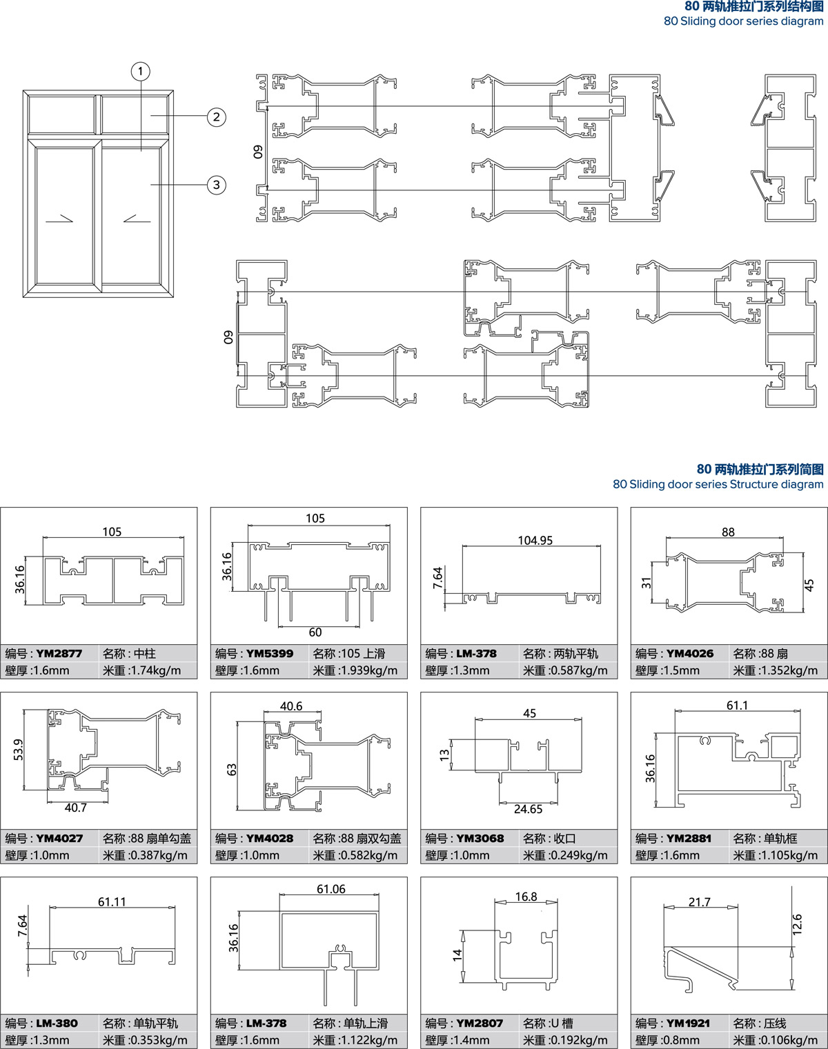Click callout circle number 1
click(141, 72)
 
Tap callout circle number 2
click(217, 117)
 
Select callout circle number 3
click(217, 185)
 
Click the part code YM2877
click(59, 653)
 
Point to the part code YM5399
click(270, 653)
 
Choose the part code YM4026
click(690, 653)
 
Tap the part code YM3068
click(480, 838)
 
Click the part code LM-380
click(57, 1023)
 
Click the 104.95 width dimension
click(535, 540)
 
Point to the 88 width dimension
click(728, 532)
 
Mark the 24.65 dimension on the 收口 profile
click(528, 809)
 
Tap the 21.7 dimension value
click(699, 902)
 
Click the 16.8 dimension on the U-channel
click(526, 897)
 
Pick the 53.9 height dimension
click(19, 750)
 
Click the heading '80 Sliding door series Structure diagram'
click(718, 484)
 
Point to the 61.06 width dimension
click(331, 889)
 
